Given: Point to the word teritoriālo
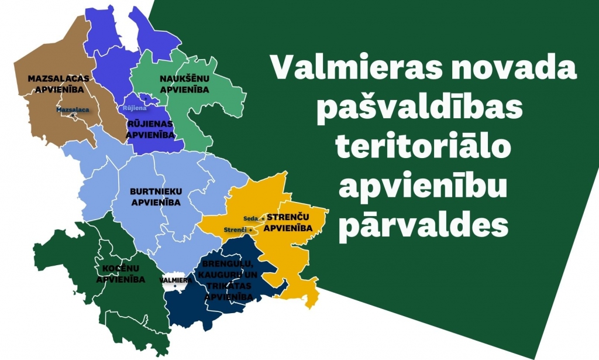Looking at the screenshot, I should (x=422, y=149).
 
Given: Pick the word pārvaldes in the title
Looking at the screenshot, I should (x=422, y=225).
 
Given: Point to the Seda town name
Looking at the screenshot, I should (x=250, y=218).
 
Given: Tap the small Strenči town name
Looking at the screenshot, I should (x=235, y=229).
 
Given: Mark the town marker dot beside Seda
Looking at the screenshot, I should (x=263, y=218).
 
